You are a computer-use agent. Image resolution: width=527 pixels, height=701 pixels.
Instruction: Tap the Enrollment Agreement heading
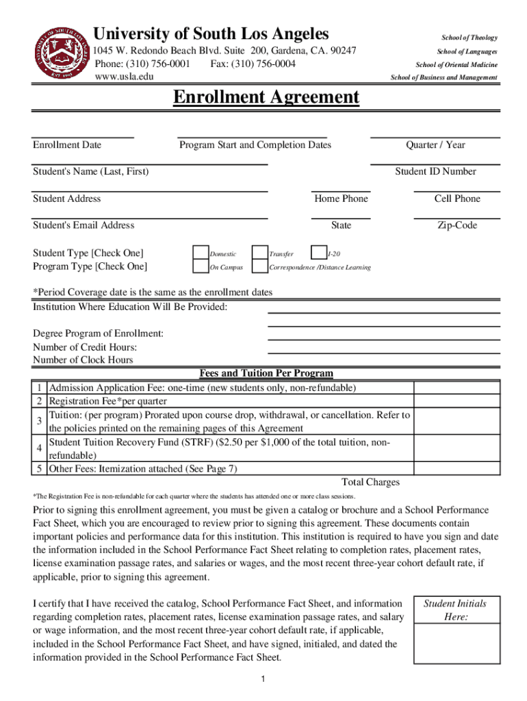pos(266,97)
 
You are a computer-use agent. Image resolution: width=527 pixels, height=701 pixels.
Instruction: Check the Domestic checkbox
pos(201,253)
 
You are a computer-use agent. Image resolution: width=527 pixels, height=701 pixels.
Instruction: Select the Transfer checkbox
pos(260,253)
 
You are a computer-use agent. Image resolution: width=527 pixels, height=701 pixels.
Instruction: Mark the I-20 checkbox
pos(319,253)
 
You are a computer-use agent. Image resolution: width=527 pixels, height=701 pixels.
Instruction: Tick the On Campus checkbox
pos(201,267)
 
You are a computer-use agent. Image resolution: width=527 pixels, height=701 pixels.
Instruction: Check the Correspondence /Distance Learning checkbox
pos(260,267)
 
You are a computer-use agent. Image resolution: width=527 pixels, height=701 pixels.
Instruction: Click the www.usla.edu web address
pos(124,77)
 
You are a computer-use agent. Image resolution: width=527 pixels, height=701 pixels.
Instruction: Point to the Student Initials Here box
pos(454,630)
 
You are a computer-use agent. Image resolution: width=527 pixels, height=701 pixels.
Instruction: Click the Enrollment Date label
pos(67,144)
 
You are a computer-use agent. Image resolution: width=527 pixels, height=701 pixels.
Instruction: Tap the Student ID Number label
pos(435,171)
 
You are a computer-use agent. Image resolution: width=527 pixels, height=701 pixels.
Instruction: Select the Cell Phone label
pos(457,199)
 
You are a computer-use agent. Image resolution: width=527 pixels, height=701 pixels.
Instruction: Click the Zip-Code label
pos(457,225)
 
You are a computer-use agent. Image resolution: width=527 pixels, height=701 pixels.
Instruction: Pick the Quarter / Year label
pos(435,144)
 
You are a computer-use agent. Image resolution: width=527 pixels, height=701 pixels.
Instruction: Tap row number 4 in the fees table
pos(40,449)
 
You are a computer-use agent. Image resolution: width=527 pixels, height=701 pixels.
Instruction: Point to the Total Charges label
pos(370,482)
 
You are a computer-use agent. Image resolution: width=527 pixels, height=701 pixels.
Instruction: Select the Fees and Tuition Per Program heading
pos(266,374)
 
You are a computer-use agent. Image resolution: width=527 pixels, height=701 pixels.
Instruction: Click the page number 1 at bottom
pos(263,678)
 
